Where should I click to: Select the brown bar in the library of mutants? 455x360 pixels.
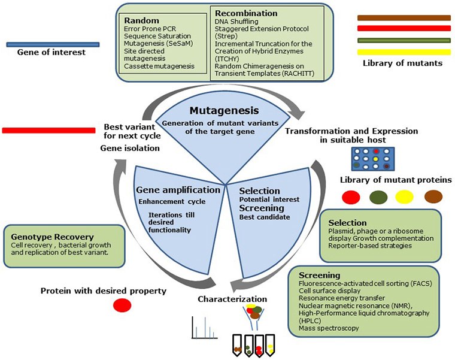coord(403,18)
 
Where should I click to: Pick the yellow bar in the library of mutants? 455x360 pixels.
coord(403,52)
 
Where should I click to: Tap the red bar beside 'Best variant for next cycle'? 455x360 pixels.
coord(48,130)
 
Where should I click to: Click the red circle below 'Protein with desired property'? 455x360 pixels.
coord(122,305)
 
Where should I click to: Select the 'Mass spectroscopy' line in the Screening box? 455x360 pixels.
coord(330,328)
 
